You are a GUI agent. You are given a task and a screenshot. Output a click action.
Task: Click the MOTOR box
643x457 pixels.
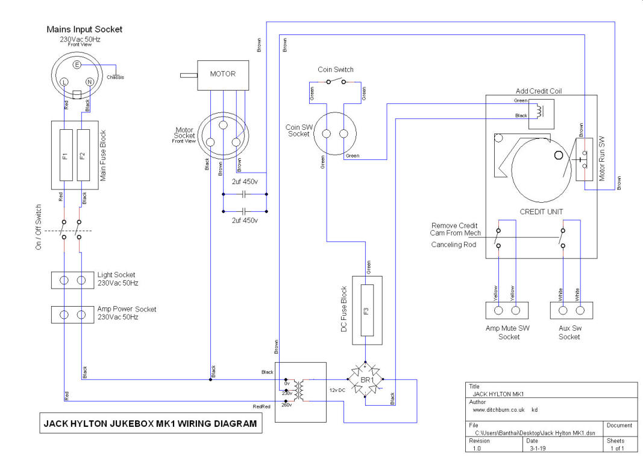[x=223, y=75]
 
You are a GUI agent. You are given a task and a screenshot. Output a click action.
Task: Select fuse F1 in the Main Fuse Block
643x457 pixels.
[x=66, y=155]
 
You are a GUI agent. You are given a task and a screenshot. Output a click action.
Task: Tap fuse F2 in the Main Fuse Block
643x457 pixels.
[x=83, y=155]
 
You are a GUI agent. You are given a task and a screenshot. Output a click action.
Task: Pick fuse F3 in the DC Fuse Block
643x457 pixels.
[x=367, y=310]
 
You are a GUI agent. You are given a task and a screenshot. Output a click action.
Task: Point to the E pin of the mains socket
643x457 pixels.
[x=77, y=65]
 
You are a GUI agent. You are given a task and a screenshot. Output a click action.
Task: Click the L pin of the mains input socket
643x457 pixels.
[x=64, y=82]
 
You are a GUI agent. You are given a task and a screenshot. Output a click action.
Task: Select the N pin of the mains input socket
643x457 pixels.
[x=89, y=82]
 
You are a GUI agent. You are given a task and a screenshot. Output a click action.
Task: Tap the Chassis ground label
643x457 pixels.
[x=115, y=77]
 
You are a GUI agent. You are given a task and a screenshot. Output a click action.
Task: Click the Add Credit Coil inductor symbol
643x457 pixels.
[x=538, y=110]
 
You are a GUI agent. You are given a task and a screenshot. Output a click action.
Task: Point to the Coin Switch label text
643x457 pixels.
[x=336, y=69]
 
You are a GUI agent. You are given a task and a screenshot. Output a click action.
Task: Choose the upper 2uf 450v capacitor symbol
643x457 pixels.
[x=245, y=194]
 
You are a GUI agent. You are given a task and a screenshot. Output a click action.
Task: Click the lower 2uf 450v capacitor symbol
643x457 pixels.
[x=245, y=211]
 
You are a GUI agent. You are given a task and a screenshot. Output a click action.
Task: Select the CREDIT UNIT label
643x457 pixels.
[x=541, y=212]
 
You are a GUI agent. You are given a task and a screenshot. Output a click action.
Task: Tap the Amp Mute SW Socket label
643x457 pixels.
[x=507, y=333]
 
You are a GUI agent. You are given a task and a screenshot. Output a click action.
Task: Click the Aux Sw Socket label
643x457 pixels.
[x=569, y=333]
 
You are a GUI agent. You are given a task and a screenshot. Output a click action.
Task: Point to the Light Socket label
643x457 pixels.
[x=116, y=275]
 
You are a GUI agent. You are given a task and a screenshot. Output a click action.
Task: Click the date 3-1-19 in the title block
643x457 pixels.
[x=538, y=449]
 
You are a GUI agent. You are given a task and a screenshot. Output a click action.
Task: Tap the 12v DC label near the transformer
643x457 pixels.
[x=337, y=390]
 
